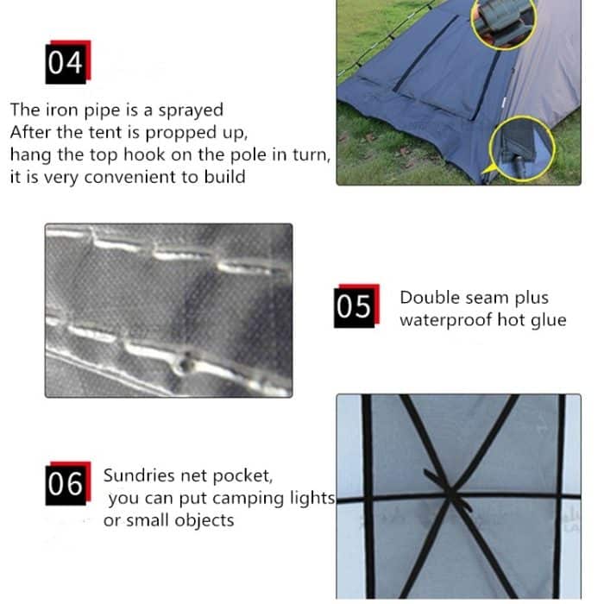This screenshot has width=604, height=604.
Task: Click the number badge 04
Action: point(68,62)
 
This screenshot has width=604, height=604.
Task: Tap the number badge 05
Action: point(356,305)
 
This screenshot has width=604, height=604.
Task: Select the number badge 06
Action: point(68,483)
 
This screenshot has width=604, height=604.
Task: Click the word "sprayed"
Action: point(191,111)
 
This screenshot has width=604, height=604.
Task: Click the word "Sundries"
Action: point(139,475)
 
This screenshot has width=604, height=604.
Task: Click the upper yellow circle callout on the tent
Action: point(504,22)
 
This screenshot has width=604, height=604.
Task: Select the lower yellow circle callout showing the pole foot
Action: point(522,149)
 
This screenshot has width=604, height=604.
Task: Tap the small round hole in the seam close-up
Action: point(186,364)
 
